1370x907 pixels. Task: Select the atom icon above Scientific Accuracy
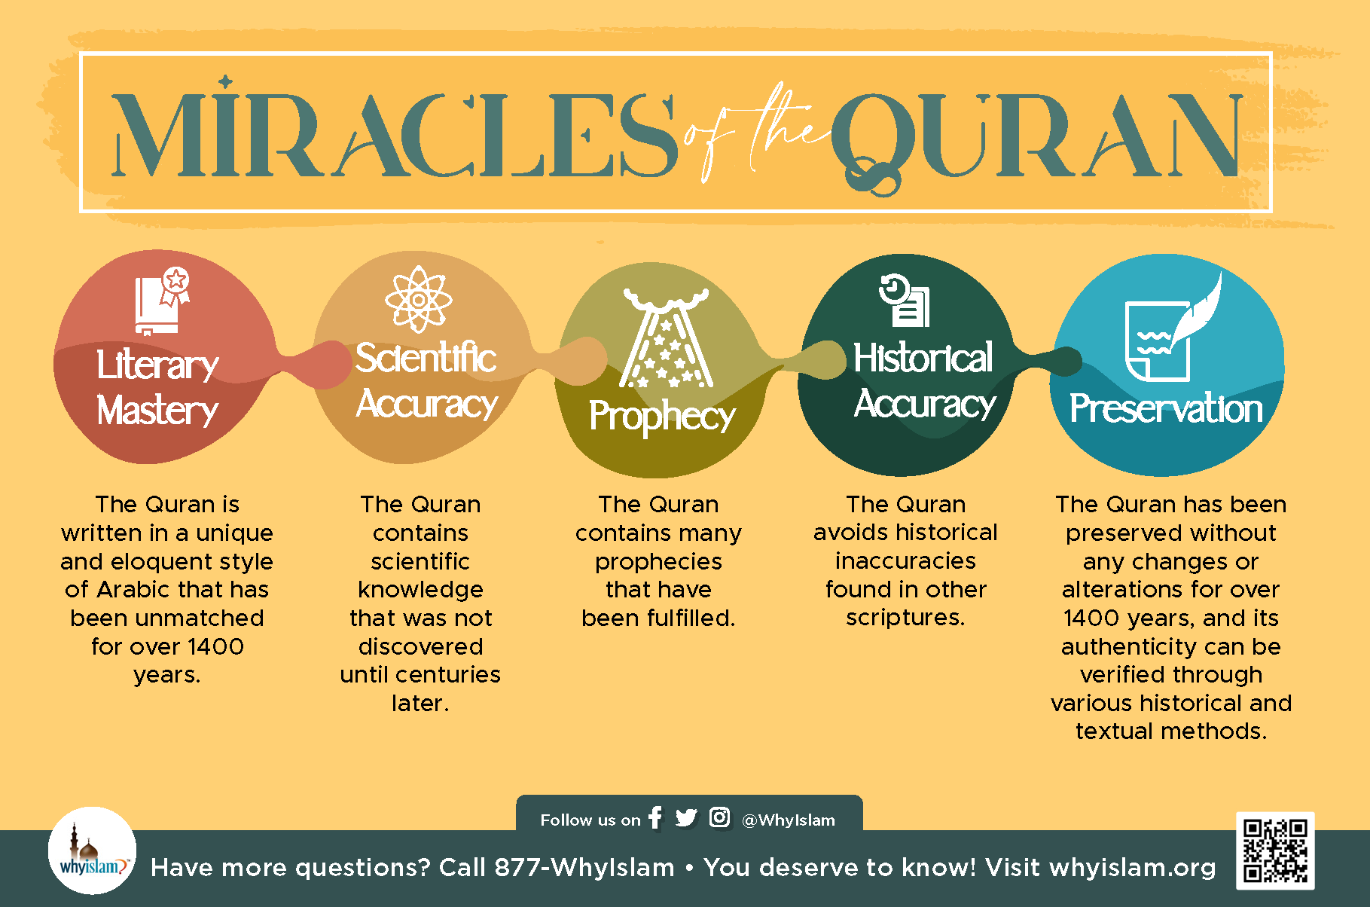[418, 299]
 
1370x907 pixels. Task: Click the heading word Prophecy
[662, 417]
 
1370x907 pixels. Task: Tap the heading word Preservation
[1166, 408]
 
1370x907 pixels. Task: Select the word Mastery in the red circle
[157, 411]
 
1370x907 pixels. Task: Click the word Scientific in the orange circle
[426, 357]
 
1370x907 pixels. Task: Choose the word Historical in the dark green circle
[923, 357]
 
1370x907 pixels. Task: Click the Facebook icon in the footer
[655, 817]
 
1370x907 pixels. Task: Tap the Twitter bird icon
[686, 817]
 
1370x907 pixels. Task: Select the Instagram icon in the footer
[719, 817]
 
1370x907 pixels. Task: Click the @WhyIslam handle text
[789, 820]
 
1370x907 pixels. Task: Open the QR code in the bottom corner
[1275, 851]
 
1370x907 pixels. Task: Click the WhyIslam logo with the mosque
[92, 851]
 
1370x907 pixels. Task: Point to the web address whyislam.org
[1132, 868]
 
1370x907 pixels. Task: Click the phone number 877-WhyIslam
[584, 867]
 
